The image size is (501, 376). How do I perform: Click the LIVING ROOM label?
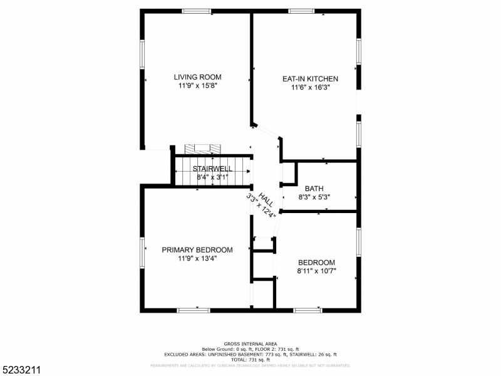(197, 77)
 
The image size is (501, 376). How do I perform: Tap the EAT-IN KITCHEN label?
(310, 79)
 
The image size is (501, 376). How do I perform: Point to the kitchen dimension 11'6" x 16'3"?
(310, 88)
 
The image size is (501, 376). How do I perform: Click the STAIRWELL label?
(212, 169)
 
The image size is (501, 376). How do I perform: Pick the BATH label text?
(314, 188)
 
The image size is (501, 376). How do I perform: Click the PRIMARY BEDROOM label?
(197, 249)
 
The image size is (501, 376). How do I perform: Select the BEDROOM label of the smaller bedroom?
(316, 263)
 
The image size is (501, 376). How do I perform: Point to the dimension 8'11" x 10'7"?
(316, 271)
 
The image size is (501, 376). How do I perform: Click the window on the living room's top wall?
(197, 11)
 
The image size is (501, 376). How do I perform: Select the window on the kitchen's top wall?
(301, 11)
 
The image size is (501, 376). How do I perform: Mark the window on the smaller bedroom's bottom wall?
(307, 310)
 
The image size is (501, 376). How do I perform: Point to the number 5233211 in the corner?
(21, 368)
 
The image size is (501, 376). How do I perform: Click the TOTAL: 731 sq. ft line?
(250, 359)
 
